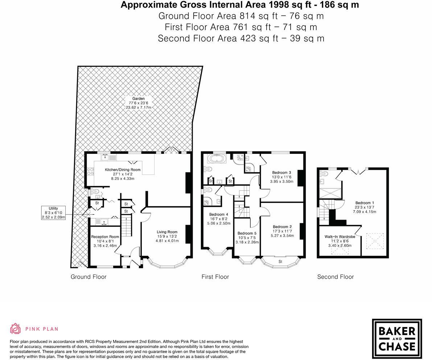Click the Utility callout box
click(53, 213)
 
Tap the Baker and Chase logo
click(397, 339)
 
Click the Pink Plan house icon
click(16, 328)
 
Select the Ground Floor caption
click(89, 277)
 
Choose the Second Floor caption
click(336, 277)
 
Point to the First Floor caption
click(215, 277)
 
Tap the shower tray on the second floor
click(330, 193)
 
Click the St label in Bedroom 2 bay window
click(280, 261)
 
